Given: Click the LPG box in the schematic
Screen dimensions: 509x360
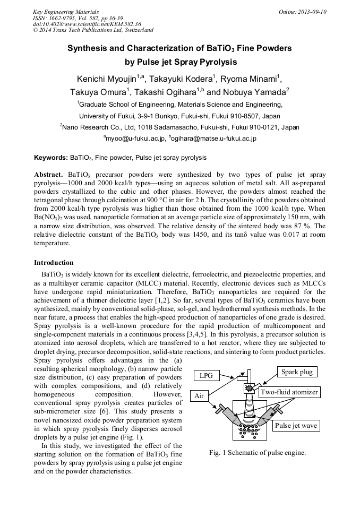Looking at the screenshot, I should click(205, 375).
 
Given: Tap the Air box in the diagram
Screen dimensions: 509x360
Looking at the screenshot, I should click(199, 396).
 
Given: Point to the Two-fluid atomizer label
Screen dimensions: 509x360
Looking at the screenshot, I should click(289, 392).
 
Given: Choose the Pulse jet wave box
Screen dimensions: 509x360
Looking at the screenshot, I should click(296, 426).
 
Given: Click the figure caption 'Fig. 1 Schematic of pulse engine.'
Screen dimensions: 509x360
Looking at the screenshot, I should click(258, 453).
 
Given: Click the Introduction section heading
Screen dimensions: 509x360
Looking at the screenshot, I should click(54, 263).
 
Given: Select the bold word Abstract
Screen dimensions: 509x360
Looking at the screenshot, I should click(49, 175).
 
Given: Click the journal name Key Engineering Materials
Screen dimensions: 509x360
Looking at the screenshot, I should click(65, 12).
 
